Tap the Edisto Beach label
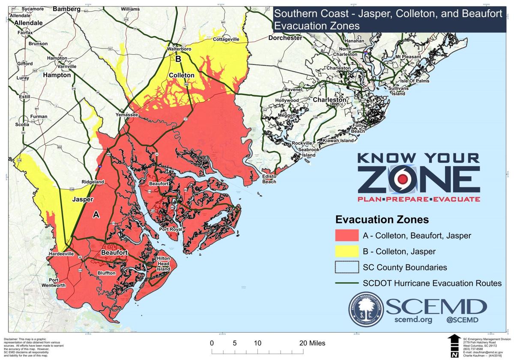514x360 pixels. [269, 179]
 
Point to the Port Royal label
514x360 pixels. [170, 229]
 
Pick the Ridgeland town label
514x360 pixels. [93, 182]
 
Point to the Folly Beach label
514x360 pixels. [358, 128]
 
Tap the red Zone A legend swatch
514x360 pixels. [347, 235]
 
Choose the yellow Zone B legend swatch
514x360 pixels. [347, 251]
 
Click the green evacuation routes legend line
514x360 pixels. [347, 283]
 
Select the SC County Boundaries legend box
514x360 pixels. [347, 267]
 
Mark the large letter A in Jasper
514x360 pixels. [96, 215]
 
